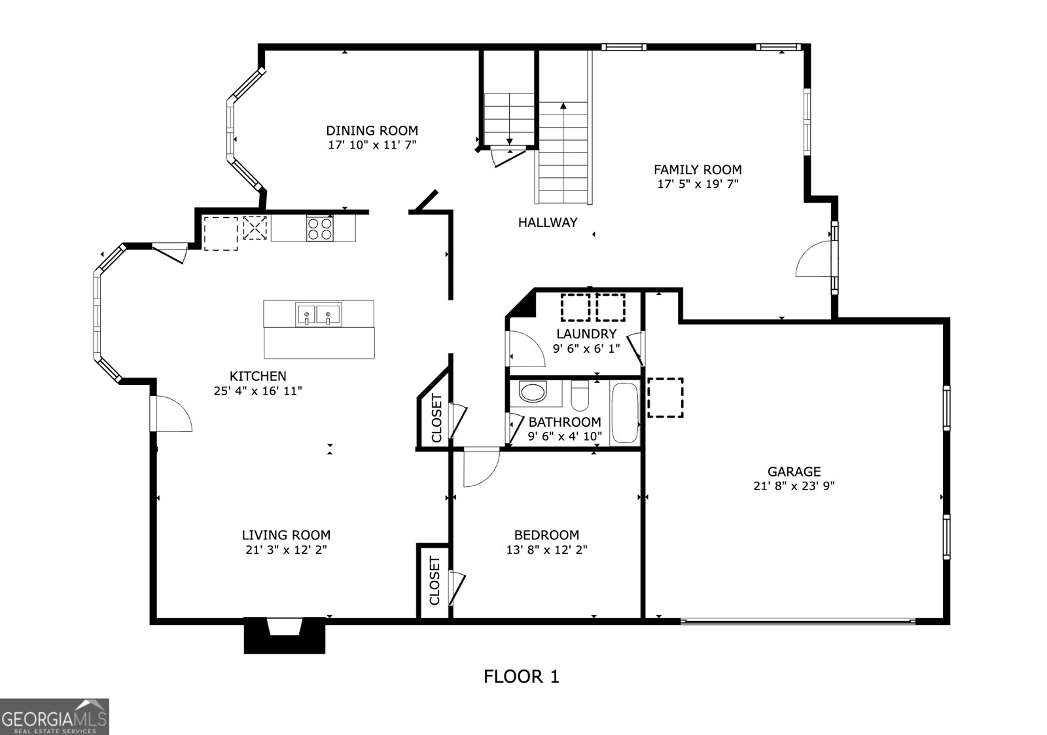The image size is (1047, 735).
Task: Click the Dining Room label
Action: [372, 130]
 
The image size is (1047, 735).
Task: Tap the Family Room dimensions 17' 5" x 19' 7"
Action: [698, 184]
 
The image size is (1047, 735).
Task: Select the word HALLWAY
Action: [547, 223]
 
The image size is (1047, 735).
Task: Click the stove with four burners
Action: [320, 229]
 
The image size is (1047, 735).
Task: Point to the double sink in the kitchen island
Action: [318, 314]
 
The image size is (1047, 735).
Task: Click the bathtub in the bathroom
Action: [624, 413]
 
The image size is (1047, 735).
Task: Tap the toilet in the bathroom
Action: [580, 395]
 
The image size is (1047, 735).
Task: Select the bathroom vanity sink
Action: [533, 392]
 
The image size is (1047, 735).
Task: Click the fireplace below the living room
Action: [284, 636]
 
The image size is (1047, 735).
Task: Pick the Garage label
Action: [794, 471]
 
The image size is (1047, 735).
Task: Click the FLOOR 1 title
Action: [521, 677]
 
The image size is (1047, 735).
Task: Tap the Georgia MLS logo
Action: [54, 717]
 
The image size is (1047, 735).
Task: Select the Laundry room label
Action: [586, 334]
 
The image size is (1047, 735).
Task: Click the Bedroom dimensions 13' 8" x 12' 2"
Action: [547, 549]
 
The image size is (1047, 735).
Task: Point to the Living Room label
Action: [286, 535]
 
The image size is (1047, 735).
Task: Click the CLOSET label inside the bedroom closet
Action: [435, 581]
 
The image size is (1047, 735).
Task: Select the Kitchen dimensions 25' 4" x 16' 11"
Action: [258, 391]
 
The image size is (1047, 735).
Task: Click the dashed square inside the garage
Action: [665, 398]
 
